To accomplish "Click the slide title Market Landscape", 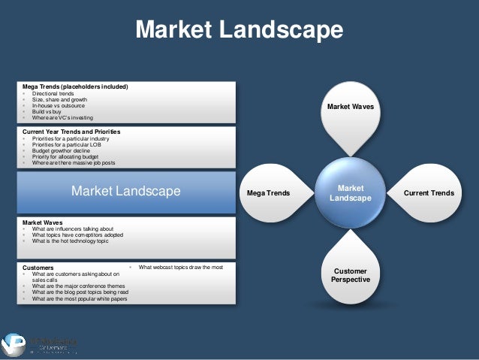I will coord(239,29).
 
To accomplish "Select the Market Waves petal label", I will coord(351,107).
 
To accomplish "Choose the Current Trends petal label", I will coord(428,193).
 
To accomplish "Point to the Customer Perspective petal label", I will coord(351,274).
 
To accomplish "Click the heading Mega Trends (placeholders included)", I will coord(75,87).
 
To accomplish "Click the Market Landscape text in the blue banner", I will coord(125,192).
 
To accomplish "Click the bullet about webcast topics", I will coord(180,267).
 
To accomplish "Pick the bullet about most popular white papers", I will coord(79,299).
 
